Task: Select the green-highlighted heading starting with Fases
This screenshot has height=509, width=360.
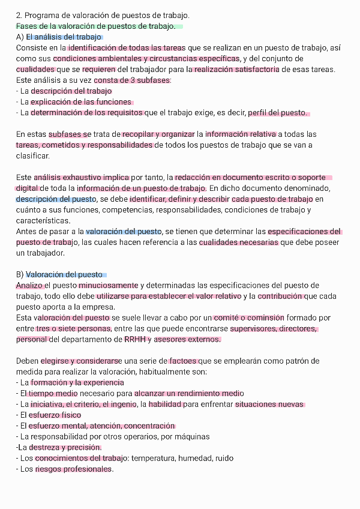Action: click(x=96, y=26)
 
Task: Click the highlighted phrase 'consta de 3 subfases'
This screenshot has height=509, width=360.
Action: click(x=132, y=80)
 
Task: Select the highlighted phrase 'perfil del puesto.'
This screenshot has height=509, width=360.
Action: click(x=278, y=113)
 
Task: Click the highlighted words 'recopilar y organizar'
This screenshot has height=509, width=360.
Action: click(x=159, y=134)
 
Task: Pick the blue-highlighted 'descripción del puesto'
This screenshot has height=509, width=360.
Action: click(x=56, y=199)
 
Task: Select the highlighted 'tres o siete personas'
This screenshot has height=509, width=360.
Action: click(x=73, y=329)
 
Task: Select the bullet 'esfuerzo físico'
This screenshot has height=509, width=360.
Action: click(x=55, y=415)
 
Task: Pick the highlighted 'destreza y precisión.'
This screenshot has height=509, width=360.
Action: click(x=65, y=448)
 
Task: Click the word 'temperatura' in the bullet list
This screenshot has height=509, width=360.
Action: click(x=154, y=459)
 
